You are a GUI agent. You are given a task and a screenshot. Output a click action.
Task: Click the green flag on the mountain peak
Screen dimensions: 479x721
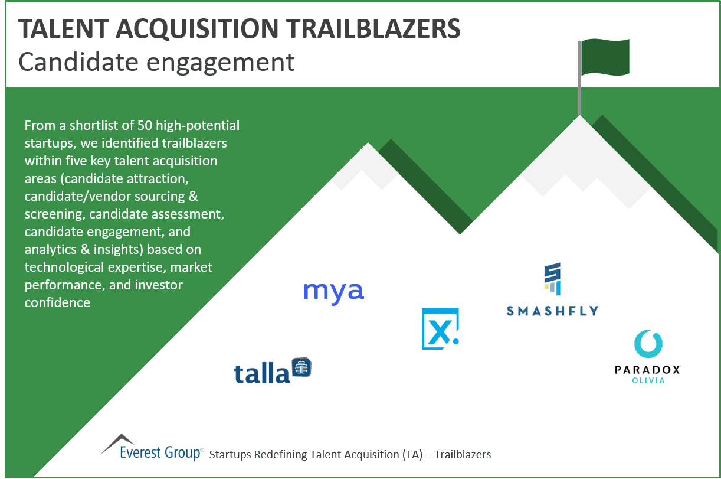(x=605, y=57)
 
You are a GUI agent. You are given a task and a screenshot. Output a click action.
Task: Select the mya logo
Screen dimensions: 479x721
(x=334, y=292)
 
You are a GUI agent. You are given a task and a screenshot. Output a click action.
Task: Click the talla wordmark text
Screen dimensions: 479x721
(x=262, y=373)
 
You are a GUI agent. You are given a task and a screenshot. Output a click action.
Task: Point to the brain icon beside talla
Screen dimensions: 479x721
(x=301, y=368)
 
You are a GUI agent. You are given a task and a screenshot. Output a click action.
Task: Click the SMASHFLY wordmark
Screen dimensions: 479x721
(x=552, y=310)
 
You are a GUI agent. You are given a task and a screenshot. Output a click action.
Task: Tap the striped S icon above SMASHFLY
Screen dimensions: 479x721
(x=552, y=279)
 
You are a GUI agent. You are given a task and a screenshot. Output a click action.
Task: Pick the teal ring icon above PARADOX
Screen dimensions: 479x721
(x=648, y=344)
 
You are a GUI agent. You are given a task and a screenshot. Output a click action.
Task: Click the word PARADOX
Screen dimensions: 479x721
(x=648, y=370)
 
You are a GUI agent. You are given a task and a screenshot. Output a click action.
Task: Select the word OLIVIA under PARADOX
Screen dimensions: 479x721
(x=648, y=380)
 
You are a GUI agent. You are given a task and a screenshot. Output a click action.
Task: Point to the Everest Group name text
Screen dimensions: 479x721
(x=159, y=453)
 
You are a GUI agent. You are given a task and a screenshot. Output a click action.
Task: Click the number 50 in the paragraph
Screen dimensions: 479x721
(x=145, y=126)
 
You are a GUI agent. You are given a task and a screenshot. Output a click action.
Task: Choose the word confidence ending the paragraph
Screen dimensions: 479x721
(x=57, y=303)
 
